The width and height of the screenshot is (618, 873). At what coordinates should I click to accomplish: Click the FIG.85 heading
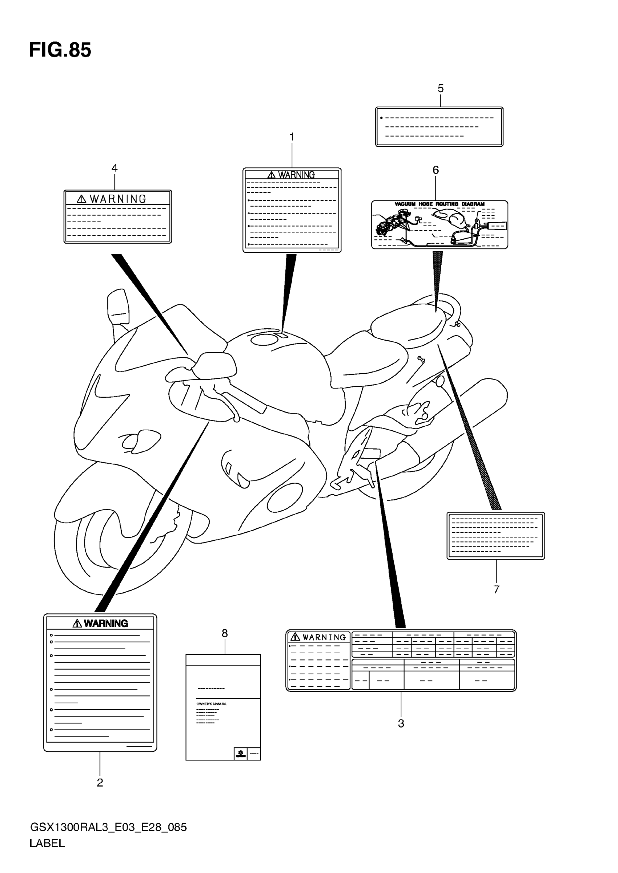60,50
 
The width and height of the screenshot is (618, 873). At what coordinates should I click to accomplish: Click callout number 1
292,137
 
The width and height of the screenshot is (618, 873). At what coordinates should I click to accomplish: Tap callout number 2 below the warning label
100,783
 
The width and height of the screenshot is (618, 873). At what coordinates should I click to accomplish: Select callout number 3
401,724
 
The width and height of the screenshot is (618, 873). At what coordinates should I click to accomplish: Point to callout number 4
114,168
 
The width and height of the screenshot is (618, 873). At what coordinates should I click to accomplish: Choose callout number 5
440,89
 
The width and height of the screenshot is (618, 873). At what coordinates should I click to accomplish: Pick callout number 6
436,170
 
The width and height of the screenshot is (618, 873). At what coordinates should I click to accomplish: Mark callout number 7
496,590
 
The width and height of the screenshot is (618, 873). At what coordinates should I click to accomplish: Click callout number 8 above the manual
225,633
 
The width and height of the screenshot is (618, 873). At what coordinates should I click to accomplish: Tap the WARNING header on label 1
296,175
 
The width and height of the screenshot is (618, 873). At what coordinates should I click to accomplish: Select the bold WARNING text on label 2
105,624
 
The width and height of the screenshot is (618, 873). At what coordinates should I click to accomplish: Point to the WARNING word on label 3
324,637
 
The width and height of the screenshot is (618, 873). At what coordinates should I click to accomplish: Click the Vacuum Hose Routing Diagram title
439,204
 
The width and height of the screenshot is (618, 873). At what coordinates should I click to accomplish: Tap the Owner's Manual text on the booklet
212,704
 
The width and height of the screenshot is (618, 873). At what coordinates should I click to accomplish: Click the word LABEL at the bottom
47,843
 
